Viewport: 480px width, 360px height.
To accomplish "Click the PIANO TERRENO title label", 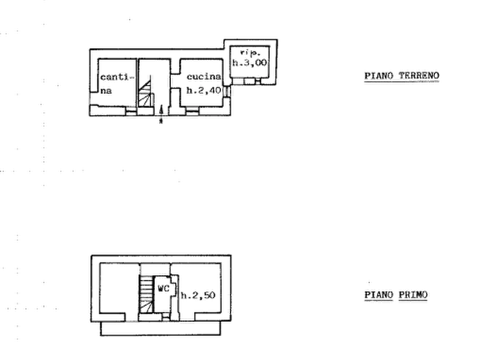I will tap(402, 77).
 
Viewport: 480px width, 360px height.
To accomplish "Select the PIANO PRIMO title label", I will tap(397, 296).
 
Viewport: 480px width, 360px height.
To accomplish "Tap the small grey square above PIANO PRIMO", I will tap(369, 283).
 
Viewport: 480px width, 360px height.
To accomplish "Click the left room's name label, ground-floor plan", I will tap(116, 77).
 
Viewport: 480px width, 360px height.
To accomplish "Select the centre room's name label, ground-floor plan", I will tap(202, 77).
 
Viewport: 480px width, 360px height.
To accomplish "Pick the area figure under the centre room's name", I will tap(202, 89).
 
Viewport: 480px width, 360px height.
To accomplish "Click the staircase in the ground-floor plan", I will tap(146, 91).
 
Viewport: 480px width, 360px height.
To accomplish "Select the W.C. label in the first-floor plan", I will tap(164, 289).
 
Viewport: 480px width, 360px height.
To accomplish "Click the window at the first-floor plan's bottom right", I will tap(212, 318).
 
